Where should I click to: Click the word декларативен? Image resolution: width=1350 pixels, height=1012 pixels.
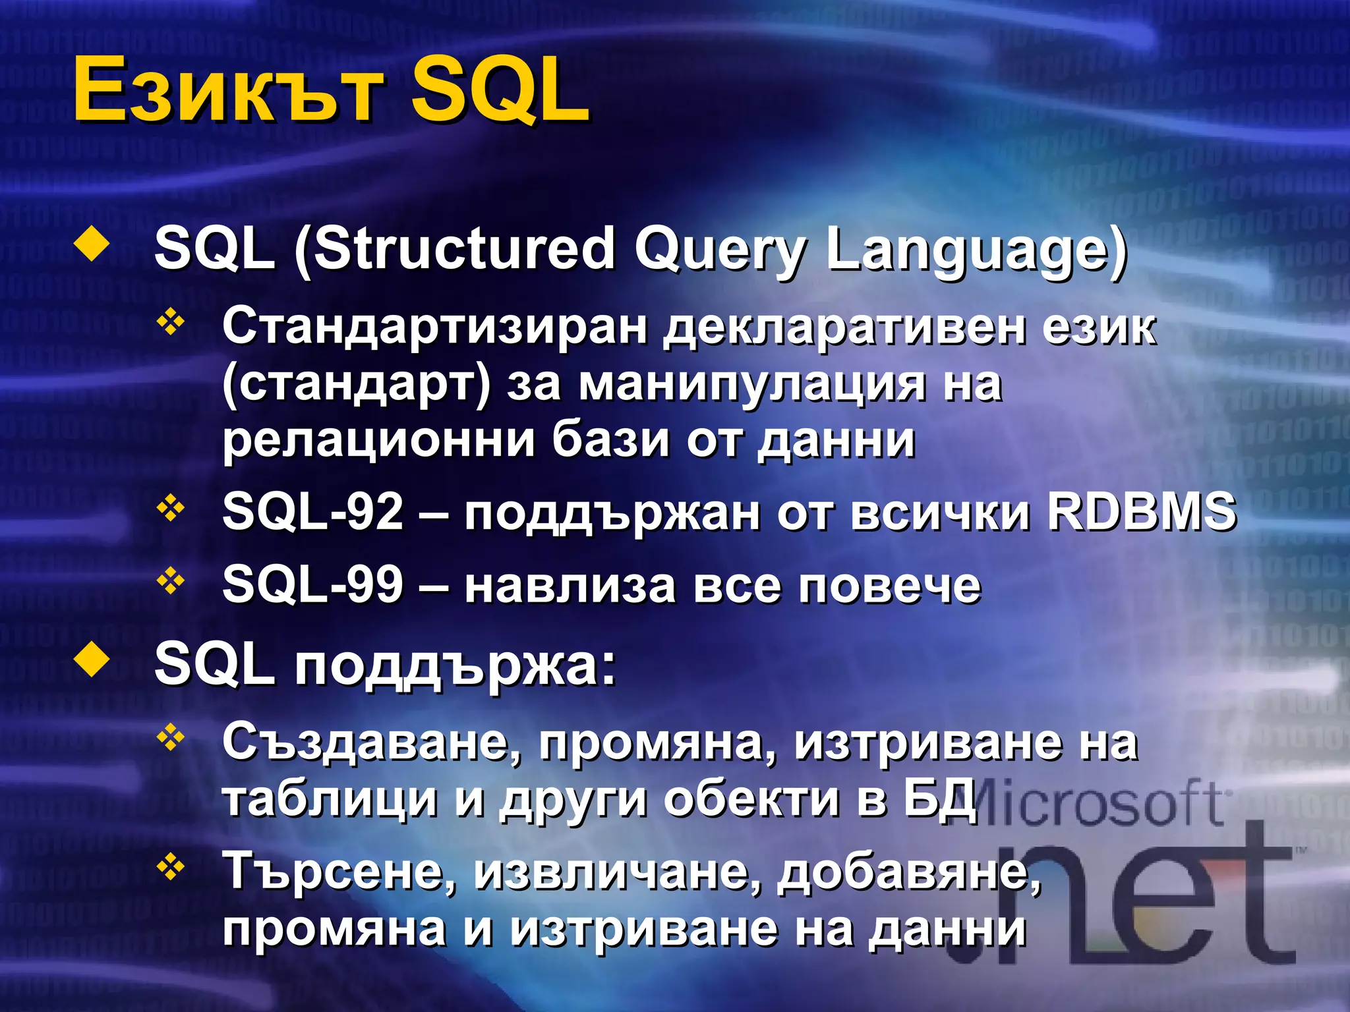coord(844,327)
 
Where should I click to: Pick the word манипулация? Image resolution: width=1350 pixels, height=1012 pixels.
coord(752,384)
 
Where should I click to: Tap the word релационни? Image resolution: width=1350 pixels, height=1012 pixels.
coord(378,440)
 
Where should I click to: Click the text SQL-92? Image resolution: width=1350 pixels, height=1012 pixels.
coord(312,512)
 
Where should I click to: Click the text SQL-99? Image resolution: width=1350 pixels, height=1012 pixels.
coord(312,584)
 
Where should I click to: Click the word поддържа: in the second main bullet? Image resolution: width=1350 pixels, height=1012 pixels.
coord(455,665)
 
